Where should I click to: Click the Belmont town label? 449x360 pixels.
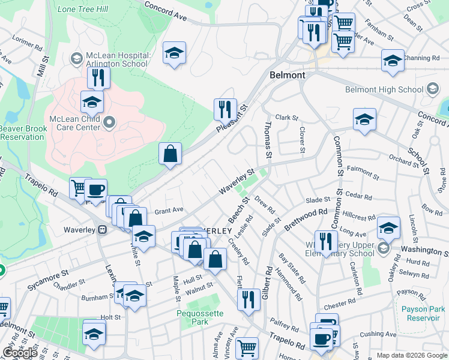288,76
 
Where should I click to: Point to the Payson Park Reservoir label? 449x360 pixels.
420,313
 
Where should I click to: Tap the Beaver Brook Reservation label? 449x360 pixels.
22,133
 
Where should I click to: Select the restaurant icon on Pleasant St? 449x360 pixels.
225,110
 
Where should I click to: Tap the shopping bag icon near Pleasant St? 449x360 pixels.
170,154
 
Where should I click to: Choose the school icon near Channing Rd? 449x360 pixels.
393,61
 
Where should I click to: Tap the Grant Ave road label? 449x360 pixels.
169,211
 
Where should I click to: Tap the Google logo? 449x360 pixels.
20,353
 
